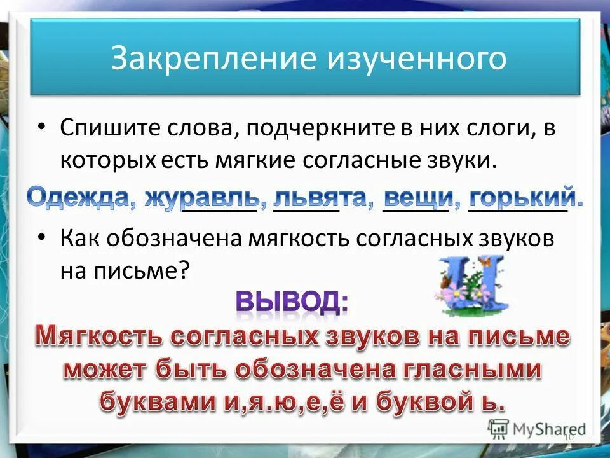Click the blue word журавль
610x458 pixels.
point(201,196)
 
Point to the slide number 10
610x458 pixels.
point(568,438)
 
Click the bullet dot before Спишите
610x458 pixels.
point(41,127)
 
